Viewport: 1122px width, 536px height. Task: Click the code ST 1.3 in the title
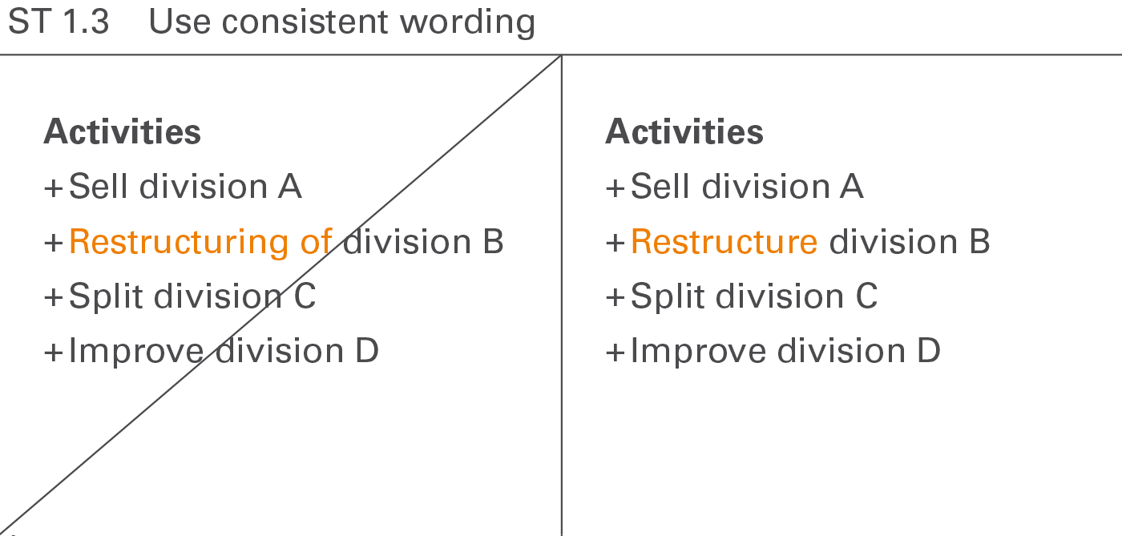pos(58,22)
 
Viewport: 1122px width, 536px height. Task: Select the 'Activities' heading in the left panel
pos(122,131)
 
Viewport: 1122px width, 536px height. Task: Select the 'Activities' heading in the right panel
pos(684,131)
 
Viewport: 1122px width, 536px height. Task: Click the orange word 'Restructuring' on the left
pos(177,242)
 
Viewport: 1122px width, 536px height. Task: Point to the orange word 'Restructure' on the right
pos(724,242)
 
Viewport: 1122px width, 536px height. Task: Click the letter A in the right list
pos(851,187)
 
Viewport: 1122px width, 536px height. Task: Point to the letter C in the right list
pos(866,297)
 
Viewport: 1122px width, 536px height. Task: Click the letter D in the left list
pos(366,352)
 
